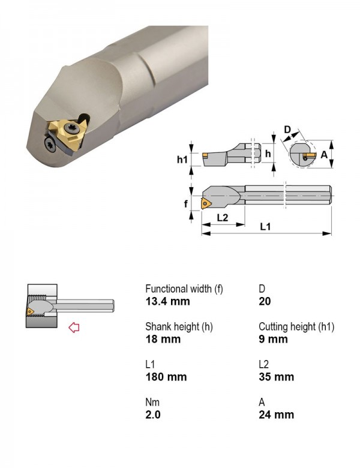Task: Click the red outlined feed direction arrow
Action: click(x=74, y=328)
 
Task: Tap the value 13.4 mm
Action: click(x=167, y=301)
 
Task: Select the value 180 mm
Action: click(x=166, y=377)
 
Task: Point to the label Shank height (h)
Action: click(x=179, y=327)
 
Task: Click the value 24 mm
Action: click(x=276, y=415)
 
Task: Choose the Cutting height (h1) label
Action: click(x=296, y=327)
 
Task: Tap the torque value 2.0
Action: click(x=153, y=415)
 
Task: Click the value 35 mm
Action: click(x=276, y=377)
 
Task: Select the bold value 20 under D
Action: click(x=265, y=301)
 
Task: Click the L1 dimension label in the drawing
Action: click(x=265, y=227)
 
